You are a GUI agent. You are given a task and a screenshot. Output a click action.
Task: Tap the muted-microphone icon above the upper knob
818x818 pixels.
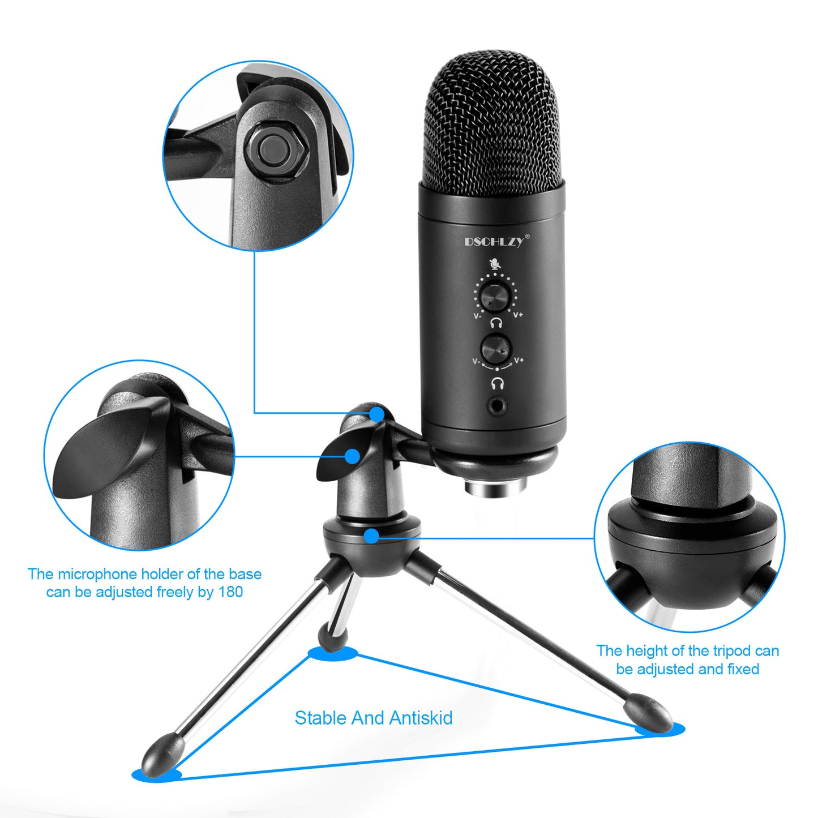point(495,264)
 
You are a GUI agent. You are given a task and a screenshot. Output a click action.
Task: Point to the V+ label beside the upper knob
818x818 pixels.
point(518,315)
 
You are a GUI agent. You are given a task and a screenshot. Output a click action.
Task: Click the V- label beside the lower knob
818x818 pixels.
point(477,361)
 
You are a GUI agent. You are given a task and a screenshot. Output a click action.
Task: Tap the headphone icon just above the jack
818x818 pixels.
point(497,383)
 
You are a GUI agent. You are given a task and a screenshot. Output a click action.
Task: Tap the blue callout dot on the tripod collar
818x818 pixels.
point(372,536)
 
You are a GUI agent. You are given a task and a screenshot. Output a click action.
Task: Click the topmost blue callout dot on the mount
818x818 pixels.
point(376,413)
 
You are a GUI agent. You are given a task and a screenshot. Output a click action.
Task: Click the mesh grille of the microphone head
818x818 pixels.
point(492,125)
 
